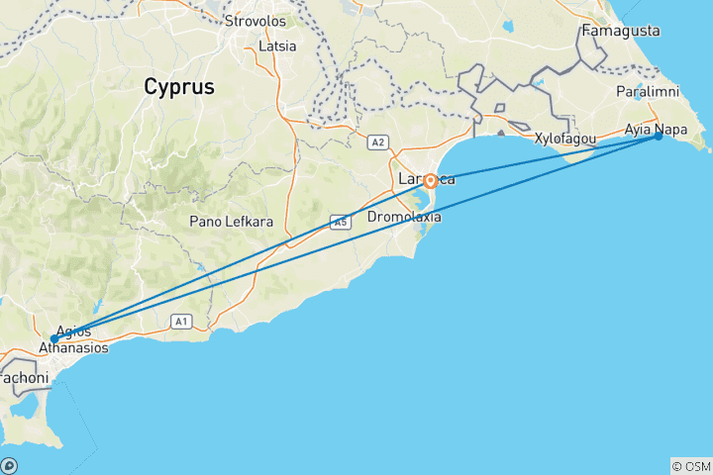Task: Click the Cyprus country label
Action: tap(178, 87)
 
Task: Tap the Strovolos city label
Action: tap(255, 21)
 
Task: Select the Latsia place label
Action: tap(276, 46)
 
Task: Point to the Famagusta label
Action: tap(621, 31)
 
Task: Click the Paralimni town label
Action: tap(644, 91)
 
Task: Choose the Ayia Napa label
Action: tap(656, 129)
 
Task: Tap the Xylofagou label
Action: tap(564, 139)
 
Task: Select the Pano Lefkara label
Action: tap(232, 221)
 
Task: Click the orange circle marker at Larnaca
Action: tap(431, 181)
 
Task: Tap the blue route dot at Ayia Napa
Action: tap(659, 137)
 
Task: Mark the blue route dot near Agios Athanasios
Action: tap(54, 338)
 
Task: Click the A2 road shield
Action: tap(376, 142)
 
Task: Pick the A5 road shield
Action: tap(341, 223)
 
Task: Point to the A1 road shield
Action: tap(180, 321)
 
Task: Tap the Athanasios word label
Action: tap(74, 348)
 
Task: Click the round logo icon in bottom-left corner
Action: tap(9, 466)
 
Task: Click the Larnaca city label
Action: tap(426, 179)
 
